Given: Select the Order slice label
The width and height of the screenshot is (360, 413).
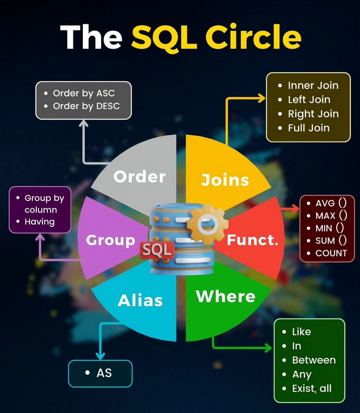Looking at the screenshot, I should (139, 177).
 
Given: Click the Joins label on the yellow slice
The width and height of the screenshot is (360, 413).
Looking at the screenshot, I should (225, 180).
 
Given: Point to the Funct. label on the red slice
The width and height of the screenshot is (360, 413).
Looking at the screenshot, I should (253, 240).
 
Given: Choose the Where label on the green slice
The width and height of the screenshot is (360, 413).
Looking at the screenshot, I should (225, 296).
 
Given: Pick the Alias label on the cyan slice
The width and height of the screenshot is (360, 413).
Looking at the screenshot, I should (140, 301).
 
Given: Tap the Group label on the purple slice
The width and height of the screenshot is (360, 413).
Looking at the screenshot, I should (110, 240).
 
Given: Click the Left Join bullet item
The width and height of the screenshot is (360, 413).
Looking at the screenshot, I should (309, 99).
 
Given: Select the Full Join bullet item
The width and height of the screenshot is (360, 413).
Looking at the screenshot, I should (309, 127).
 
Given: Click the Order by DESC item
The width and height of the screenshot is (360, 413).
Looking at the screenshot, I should (86, 106).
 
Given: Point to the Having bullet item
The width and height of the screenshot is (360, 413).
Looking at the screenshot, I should (39, 222).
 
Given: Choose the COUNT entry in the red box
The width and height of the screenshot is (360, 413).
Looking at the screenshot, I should (331, 253).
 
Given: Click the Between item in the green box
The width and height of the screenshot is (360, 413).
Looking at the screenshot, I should (314, 360).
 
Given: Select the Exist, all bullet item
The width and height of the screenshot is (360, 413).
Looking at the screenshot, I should (311, 388).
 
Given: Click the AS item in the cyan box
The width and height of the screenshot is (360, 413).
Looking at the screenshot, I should (104, 373).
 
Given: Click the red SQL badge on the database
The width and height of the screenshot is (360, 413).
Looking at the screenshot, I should (156, 249).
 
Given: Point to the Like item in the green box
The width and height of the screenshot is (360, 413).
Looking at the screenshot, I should (301, 332).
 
